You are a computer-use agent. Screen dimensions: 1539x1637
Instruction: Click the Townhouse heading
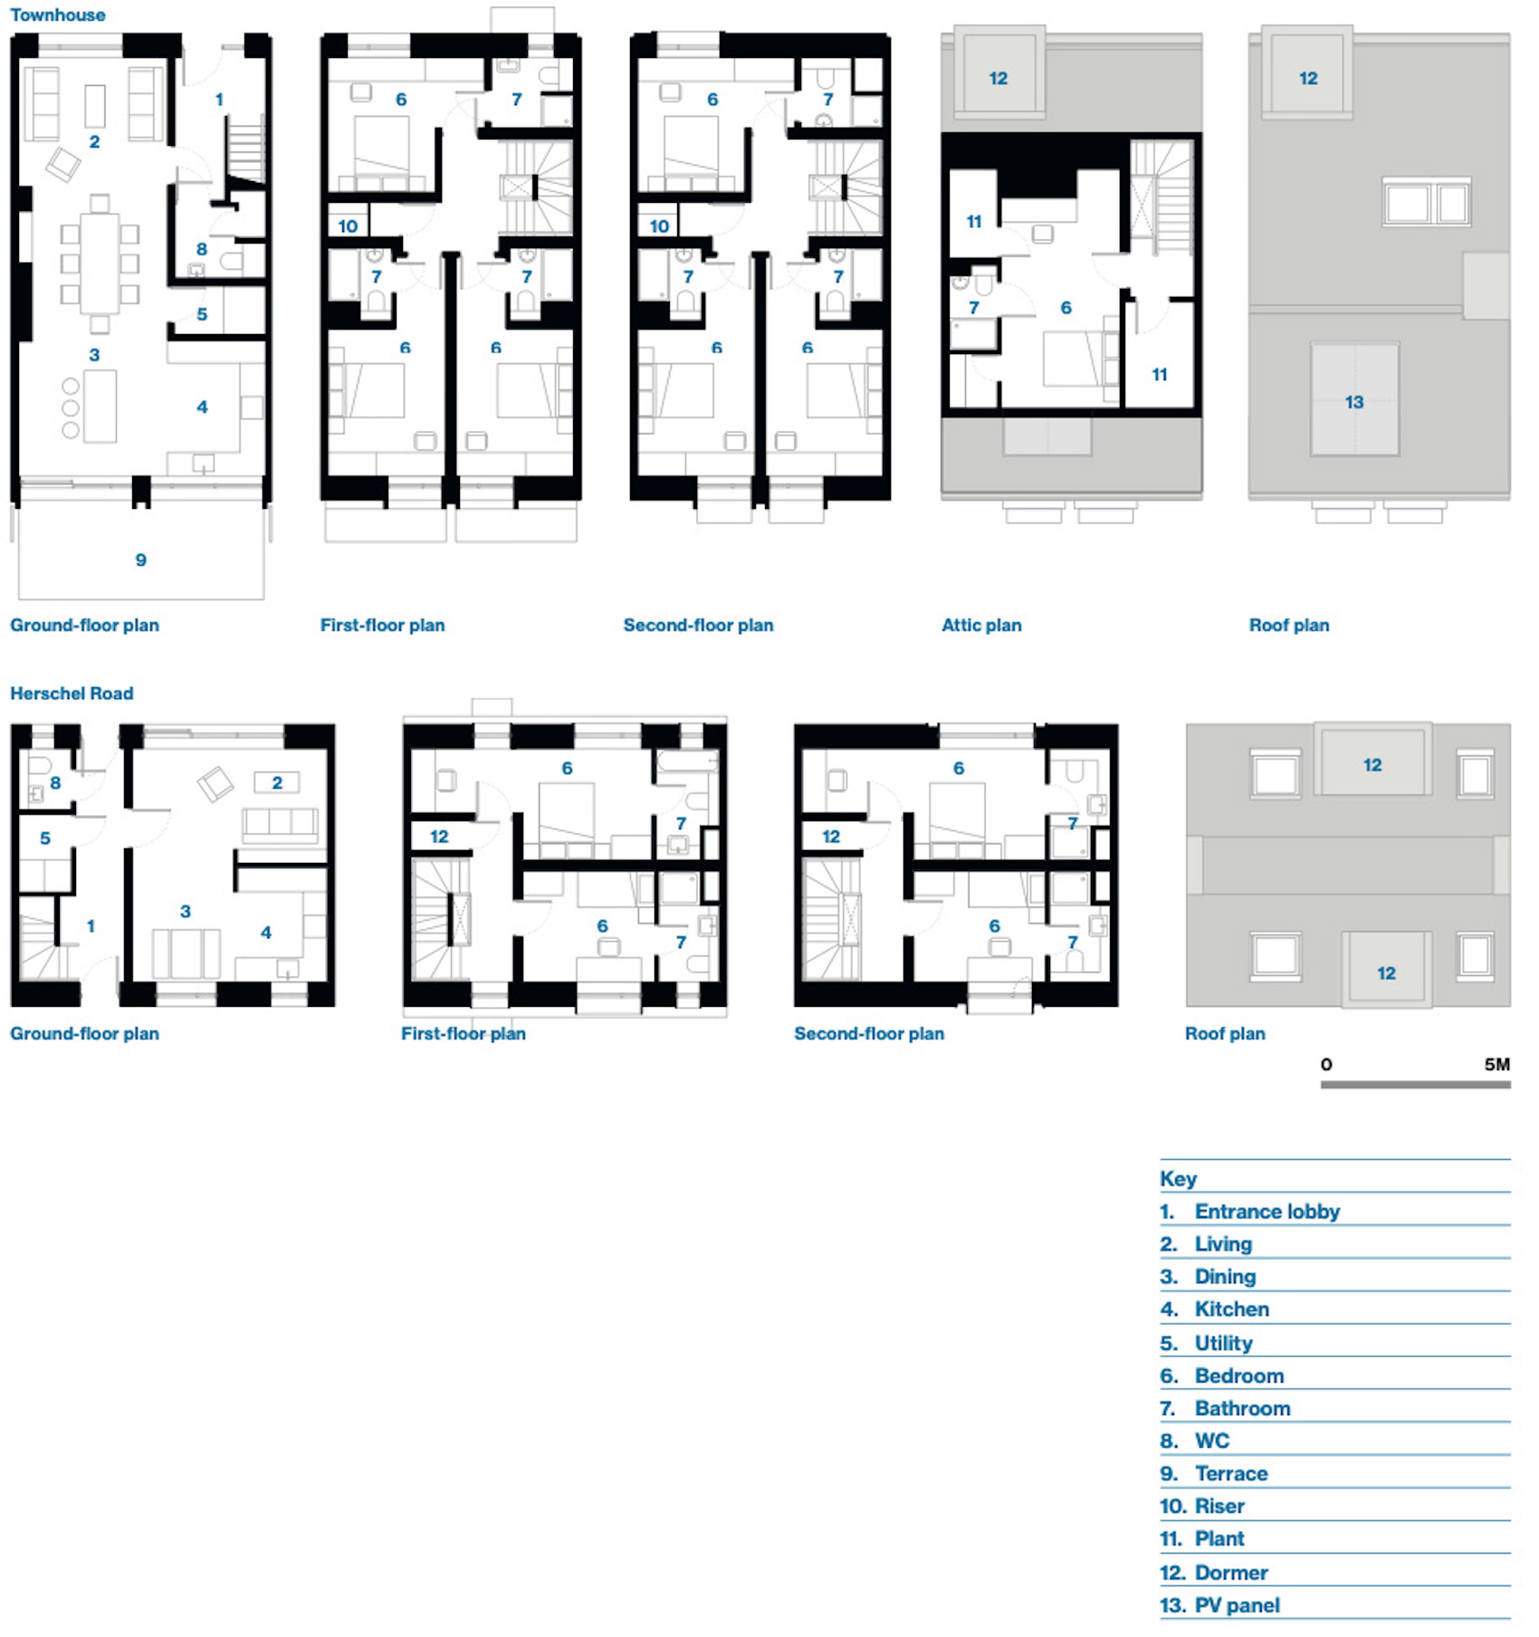point(58,14)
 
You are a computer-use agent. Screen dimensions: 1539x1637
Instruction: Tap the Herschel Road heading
point(72,694)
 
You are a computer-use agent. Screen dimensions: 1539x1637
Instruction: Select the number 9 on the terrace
point(140,560)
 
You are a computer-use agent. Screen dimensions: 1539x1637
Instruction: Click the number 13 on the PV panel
point(1353,402)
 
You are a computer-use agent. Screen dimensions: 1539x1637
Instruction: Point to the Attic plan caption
point(981,625)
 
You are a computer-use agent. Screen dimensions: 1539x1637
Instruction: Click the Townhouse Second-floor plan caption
point(698,625)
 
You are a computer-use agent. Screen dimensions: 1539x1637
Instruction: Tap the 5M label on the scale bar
point(1496,1065)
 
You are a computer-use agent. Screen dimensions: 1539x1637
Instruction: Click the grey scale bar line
point(1415,1084)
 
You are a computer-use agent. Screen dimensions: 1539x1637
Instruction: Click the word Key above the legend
point(1178,1179)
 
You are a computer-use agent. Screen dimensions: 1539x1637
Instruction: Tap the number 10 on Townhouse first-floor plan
point(348,226)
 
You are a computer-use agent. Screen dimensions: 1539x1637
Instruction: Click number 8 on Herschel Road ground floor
point(55,782)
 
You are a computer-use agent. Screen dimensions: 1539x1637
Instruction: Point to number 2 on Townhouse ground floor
point(94,142)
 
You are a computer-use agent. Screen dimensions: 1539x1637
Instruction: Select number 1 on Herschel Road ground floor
point(91,926)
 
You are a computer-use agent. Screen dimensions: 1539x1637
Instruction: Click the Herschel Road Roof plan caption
point(1225,1034)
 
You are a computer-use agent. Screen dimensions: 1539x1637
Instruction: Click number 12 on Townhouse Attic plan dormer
point(998,79)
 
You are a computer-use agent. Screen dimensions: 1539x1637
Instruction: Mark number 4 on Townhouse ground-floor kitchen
point(202,407)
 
